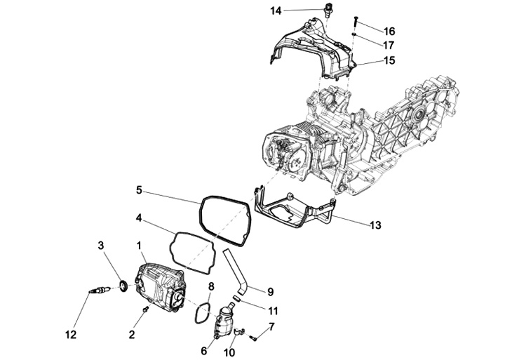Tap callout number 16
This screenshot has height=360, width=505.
[389, 31]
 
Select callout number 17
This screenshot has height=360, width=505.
[389, 45]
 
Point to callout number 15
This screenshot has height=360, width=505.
[389, 60]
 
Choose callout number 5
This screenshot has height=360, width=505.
[139, 189]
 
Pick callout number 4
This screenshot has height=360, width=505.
[139, 218]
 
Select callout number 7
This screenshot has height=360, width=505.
[271, 327]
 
